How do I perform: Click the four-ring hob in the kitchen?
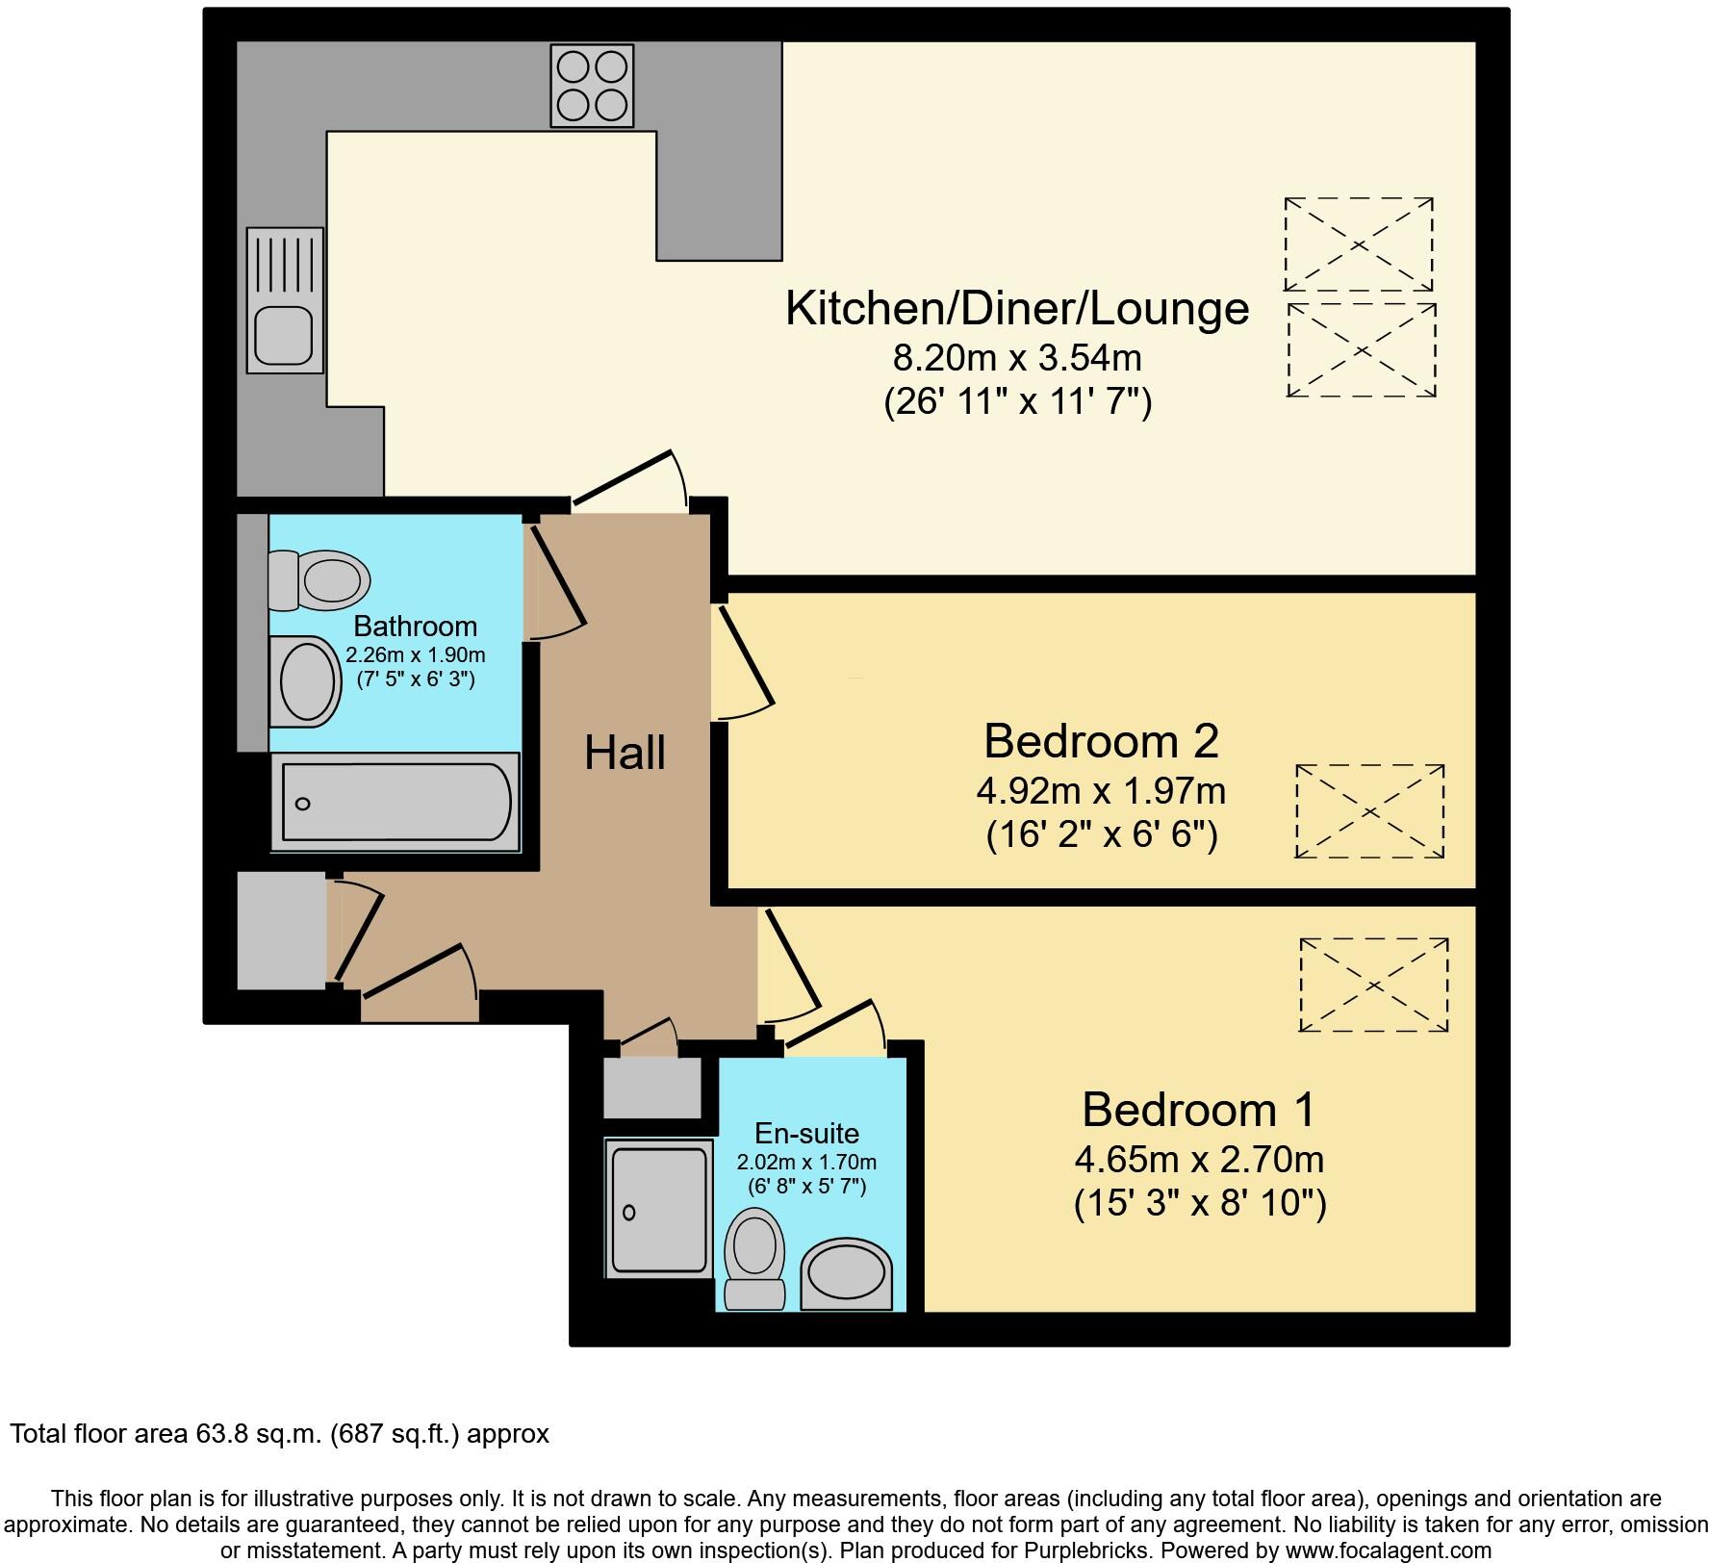click(x=592, y=87)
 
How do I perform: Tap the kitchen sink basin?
click(x=283, y=334)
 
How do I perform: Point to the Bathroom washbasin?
click(x=306, y=681)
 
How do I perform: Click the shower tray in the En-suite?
click(x=658, y=1209)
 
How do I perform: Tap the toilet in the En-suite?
click(x=755, y=1257)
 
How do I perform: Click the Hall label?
click(x=625, y=753)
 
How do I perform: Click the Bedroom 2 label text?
click(x=1101, y=742)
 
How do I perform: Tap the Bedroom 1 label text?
click(x=1198, y=1110)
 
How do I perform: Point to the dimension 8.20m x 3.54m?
click(x=1017, y=359)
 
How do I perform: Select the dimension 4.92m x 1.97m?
click(x=1101, y=791)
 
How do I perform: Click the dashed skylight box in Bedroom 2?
click(x=1369, y=811)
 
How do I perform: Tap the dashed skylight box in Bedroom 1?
click(x=1373, y=986)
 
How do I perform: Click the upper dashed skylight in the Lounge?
click(x=1358, y=244)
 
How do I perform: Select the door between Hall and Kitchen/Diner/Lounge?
click(x=630, y=481)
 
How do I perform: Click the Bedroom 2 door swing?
click(x=743, y=664)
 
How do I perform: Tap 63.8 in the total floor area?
click(x=218, y=1434)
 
